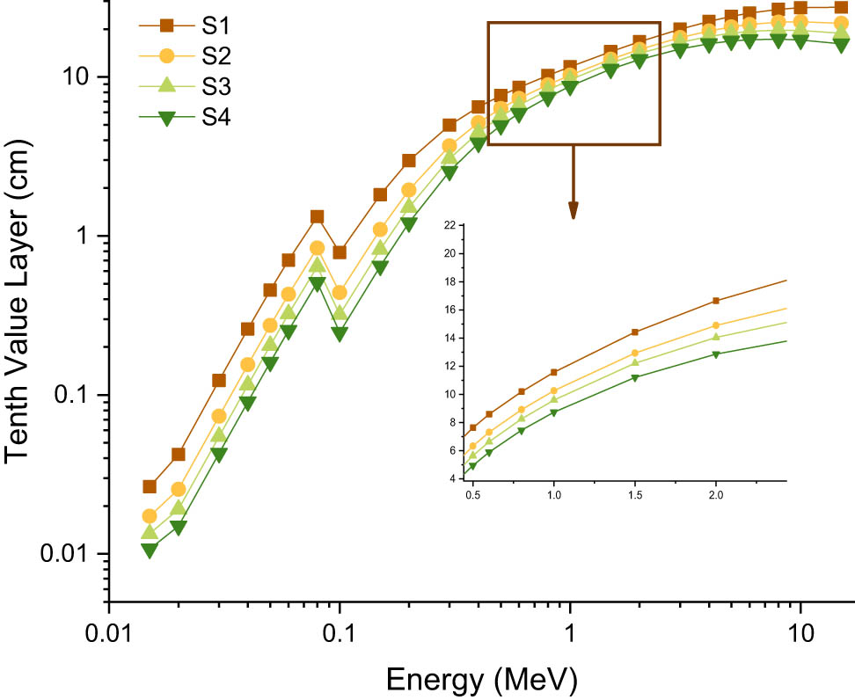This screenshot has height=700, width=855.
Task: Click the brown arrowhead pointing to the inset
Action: pyautogui.click(x=573, y=210)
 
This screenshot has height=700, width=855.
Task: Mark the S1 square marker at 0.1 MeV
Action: pyautogui.click(x=340, y=252)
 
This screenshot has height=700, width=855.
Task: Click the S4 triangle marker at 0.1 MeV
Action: pyautogui.click(x=340, y=333)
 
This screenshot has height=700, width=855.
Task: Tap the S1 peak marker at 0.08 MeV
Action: pyautogui.click(x=317, y=216)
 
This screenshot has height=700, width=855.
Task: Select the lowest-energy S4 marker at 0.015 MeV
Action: pyautogui.click(x=150, y=550)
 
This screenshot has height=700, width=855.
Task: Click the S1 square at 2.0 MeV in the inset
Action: pyautogui.click(x=716, y=301)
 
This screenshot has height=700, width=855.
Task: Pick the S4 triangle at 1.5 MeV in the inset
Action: pyautogui.click(x=634, y=377)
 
